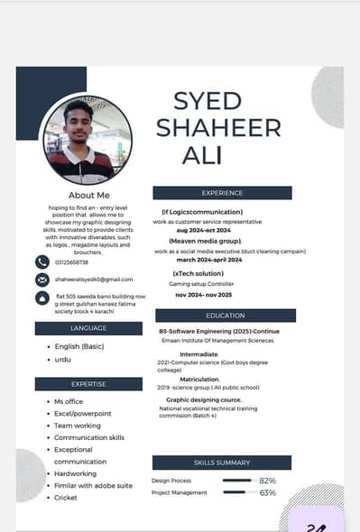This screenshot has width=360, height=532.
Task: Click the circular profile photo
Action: [88, 141]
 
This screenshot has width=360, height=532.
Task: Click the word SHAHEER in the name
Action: [218, 128]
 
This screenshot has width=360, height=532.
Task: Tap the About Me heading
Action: [88, 195]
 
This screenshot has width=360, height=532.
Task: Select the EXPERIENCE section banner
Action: [222, 193]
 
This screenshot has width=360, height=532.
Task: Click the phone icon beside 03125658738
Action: [42, 261]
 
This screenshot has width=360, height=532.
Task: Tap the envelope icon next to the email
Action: [42, 280]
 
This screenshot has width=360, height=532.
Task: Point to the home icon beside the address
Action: [42, 298]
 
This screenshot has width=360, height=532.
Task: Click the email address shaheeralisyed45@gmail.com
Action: [94, 280]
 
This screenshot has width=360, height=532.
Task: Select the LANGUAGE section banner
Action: [88, 328]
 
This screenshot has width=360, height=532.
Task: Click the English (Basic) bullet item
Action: [80, 346]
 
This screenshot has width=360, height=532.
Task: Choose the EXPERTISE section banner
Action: [88, 384]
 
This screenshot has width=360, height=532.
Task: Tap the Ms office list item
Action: [69, 401]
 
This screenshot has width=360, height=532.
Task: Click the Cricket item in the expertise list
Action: [66, 498]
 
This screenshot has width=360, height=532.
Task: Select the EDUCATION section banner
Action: [225, 316]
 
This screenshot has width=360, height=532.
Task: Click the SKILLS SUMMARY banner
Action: [222, 463]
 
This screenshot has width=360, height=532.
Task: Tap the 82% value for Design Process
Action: [267, 481]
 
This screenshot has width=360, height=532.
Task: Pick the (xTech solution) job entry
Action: [198, 273]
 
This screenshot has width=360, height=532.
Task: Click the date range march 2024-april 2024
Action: [209, 259]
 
